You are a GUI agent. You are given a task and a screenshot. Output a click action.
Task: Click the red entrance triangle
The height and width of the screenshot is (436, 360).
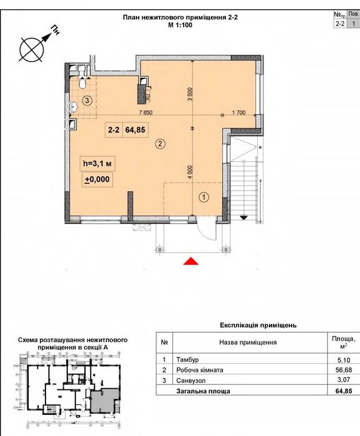191,262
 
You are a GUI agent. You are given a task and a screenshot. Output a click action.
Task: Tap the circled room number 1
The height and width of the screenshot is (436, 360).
204,197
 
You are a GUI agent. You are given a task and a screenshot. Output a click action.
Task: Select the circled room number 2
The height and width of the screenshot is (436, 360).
160,144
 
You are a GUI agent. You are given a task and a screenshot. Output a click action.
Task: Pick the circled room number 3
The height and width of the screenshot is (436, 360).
87,100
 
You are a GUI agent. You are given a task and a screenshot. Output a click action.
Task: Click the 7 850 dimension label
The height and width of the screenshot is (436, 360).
146,112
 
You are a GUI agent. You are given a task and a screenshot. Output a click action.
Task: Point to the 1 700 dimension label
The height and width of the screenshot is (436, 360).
239,112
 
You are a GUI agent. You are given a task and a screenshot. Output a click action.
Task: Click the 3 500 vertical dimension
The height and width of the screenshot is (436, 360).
190,95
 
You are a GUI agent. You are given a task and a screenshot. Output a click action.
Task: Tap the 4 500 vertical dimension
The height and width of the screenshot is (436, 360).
190,173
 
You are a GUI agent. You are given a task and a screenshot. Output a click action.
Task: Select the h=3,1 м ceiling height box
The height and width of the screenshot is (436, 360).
97,164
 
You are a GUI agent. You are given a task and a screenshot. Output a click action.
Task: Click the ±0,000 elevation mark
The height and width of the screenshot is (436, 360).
97,179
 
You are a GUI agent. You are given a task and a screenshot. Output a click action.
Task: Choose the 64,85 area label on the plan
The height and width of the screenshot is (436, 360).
135,130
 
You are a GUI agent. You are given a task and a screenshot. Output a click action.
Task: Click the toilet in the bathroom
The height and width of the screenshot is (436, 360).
82,83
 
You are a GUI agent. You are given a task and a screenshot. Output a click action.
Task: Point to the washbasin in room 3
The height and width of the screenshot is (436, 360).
73,106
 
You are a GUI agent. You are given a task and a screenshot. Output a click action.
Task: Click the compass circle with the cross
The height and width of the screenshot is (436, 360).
32,50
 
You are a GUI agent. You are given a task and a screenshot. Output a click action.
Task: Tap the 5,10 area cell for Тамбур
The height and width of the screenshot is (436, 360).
344,360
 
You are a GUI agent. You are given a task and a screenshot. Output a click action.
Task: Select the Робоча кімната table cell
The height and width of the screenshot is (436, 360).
199,370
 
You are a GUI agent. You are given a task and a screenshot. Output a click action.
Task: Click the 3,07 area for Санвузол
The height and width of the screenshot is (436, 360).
344,380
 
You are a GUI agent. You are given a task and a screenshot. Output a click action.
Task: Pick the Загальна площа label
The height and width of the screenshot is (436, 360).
203,391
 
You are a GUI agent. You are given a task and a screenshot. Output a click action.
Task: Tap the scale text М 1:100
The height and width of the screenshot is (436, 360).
180,25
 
